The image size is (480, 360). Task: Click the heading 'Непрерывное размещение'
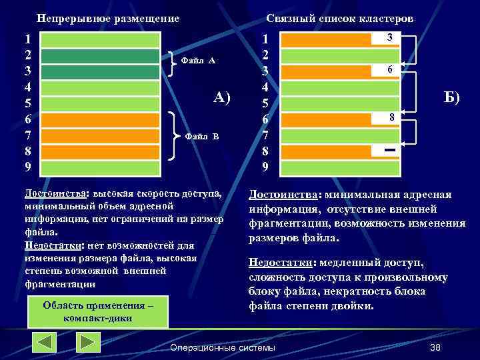(107, 19)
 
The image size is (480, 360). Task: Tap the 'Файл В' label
(201, 136)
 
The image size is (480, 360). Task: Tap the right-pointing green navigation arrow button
(88, 342)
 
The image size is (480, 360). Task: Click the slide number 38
(436, 348)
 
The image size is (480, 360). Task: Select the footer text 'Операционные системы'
(223, 348)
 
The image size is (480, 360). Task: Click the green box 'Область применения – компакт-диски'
(98, 312)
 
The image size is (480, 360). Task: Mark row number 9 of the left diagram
(27, 166)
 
